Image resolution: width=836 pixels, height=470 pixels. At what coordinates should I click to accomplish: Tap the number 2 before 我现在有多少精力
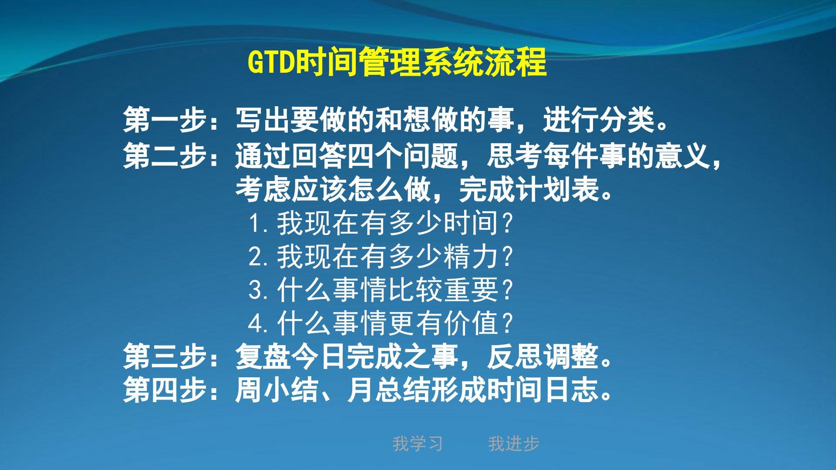coord(256,256)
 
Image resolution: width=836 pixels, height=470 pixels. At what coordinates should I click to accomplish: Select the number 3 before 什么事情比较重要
coord(256,290)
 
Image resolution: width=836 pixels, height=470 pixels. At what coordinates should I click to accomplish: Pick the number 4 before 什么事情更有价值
coord(256,323)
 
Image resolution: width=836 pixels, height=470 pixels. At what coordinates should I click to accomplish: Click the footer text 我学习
coord(418,444)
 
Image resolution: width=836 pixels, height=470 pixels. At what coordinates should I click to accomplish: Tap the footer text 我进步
coord(514,444)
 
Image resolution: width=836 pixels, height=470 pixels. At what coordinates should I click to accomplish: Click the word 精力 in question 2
coord(471,256)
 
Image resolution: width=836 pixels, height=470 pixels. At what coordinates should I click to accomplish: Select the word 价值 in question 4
coord(471,323)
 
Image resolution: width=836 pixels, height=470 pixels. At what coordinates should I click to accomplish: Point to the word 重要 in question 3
coord(471,290)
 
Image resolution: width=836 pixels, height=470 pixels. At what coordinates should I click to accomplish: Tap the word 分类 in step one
coord(627,120)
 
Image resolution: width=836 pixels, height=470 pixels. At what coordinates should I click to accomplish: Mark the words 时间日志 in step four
coord(543,389)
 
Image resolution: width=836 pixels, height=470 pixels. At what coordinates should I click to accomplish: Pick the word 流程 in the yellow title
coord(518,62)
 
